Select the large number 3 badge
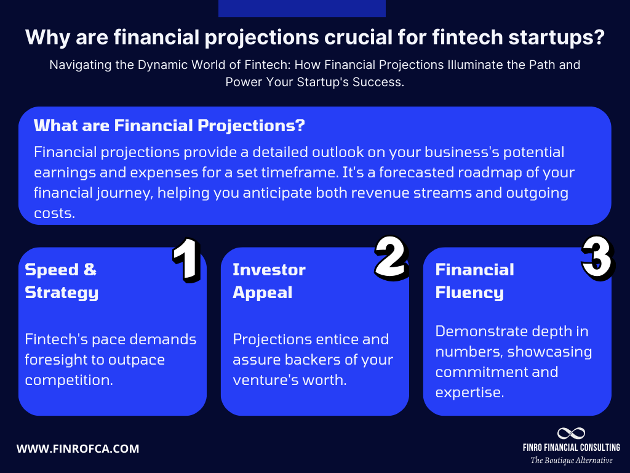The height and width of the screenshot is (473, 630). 596,258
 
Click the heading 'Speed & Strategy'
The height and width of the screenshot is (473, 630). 62,281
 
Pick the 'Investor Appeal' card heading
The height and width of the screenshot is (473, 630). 269,281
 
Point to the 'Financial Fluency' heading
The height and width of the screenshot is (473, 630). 474,281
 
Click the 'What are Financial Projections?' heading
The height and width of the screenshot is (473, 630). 169,126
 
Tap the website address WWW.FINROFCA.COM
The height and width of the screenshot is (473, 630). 78,449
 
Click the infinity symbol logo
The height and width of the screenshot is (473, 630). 571,434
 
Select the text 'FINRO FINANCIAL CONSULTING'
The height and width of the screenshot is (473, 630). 572,448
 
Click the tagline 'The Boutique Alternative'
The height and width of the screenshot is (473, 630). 572,461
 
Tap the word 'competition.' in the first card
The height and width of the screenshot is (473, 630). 69,379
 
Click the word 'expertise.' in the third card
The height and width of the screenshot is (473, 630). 469,392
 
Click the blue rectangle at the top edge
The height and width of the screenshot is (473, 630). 301,8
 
